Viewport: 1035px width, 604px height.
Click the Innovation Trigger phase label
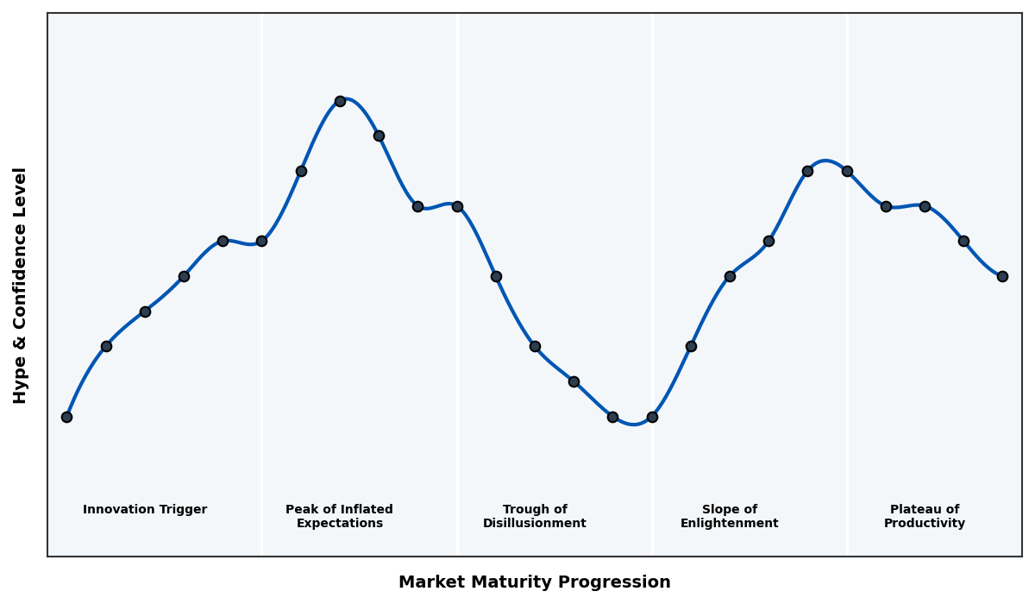tap(145, 510)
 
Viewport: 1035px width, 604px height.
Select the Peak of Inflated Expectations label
tap(339, 516)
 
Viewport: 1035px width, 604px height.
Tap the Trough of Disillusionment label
tap(535, 516)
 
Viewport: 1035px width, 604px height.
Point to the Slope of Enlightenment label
tap(729, 516)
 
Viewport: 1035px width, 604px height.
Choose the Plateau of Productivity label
tap(925, 516)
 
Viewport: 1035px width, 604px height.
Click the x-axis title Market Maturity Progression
tap(534, 582)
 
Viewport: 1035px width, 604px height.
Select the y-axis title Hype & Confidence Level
tap(21, 285)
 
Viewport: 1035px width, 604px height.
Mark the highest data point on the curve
tap(340, 101)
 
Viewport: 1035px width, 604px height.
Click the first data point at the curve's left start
tap(66, 417)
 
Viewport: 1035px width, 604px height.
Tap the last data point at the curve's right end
tap(1002, 276)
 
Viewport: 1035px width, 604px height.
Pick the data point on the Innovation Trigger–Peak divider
tap(261, 241)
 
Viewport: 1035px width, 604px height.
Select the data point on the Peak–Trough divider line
tap(457, 206)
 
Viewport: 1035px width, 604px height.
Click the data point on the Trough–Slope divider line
tap(652, 417)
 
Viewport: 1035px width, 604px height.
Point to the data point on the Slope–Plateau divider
tap(847, 171)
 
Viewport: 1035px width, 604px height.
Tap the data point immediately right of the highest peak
tap(379, 135)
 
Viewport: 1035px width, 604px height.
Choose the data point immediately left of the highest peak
tap(301, 171)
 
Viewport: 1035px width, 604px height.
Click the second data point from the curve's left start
tap(106, 346)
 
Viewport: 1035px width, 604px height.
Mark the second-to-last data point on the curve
tap(963, 241)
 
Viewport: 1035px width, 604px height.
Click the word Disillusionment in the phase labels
tap(535, 524)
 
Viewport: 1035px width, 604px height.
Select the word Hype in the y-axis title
tap(21, 386)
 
